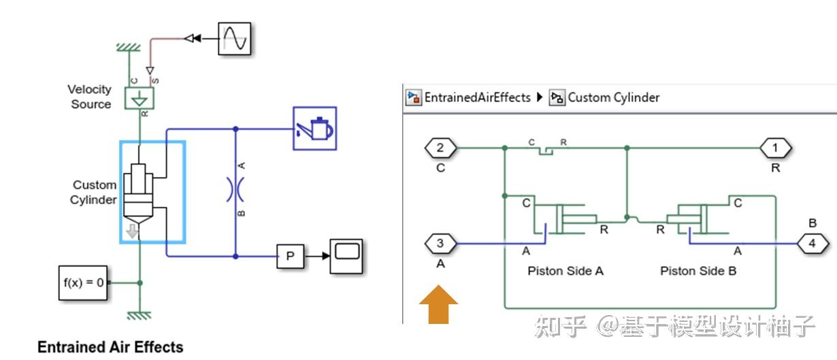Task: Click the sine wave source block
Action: click(x=235, y=39)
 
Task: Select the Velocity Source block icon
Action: click(x=139, y=98)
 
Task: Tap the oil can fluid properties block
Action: click(x=314, y=129)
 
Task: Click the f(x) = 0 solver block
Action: click(x=83, y=283)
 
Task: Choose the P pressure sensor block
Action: click(x=291, y=257)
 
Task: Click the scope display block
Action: click(x=346, y=257)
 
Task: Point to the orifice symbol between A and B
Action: click(x=235, y=189)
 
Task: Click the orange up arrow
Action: click(x=438, y=304)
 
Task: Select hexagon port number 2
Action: click(x=440, y=148)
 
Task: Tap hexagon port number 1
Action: click(x=775, y=148)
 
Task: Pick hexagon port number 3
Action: click(x=440, y=244)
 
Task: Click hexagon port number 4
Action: click(x=813, y=244)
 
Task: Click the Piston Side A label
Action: click(x=565, y=271)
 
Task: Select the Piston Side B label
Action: click(x=698, y=271)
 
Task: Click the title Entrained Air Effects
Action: click(x=110, y=347)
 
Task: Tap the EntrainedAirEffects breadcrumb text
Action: click(x=477, y=97)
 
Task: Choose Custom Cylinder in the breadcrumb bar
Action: click(x=614, y=97)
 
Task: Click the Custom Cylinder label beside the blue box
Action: click(x=94, y=192)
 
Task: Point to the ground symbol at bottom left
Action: click(x=139, y=316)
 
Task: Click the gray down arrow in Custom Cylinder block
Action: click(x=132, y=231)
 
